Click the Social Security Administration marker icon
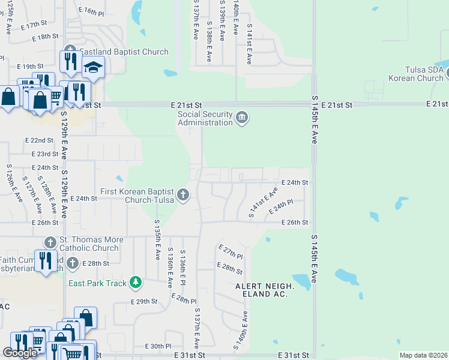click(x=242, y=117)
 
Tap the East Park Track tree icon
click(x=136, y=282)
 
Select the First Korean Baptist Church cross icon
click(x=184, y=194)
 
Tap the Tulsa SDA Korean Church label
click(x=415, y=74)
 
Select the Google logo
click(x=20, y=353)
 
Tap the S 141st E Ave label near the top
click(x=249, y=48)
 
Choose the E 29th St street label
click(x=143, y=301)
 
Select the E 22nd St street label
click(x=40, y=140)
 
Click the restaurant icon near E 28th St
click(x=46, y=261)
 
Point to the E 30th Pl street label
click(x=158, y=346)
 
